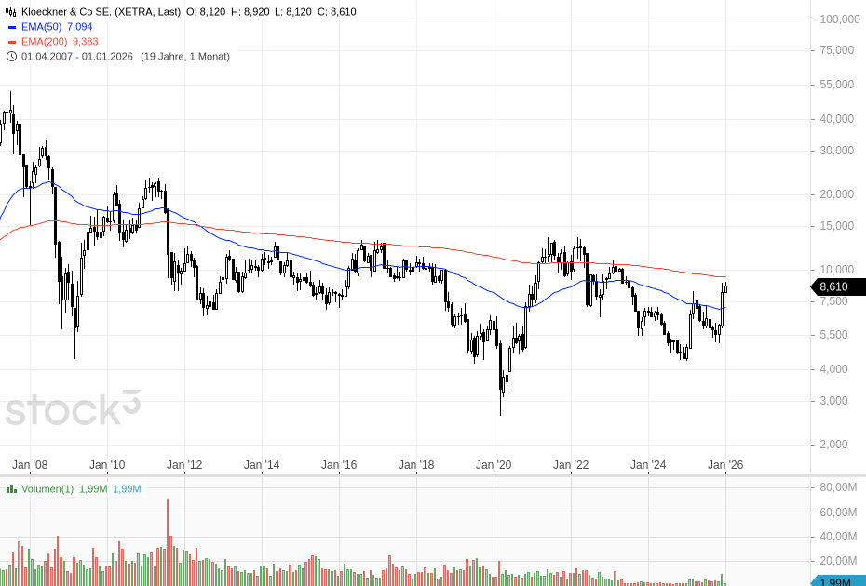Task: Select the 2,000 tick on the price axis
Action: click(x=833, y=445)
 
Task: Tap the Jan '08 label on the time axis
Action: click(x=30, y=464)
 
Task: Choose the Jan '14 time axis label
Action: click(x=262, y=464)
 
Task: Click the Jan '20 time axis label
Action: click(x=494, y=464)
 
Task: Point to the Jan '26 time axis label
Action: click(x=725, y=464)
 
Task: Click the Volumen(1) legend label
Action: click(x=47, y=488)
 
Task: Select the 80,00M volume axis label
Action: click(x=838, y=487)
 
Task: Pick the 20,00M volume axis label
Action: click(x=838, y=561)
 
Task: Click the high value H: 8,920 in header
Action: click(x=252, y=12)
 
